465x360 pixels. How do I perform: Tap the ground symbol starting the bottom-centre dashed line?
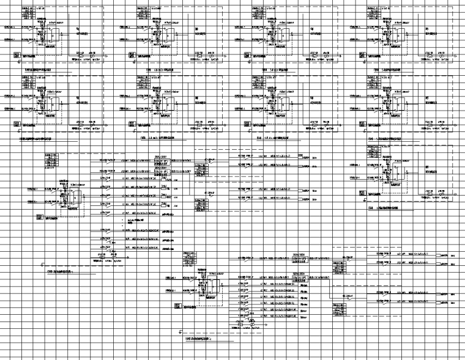point(180,332)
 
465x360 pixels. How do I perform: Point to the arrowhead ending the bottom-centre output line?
point(264,328)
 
